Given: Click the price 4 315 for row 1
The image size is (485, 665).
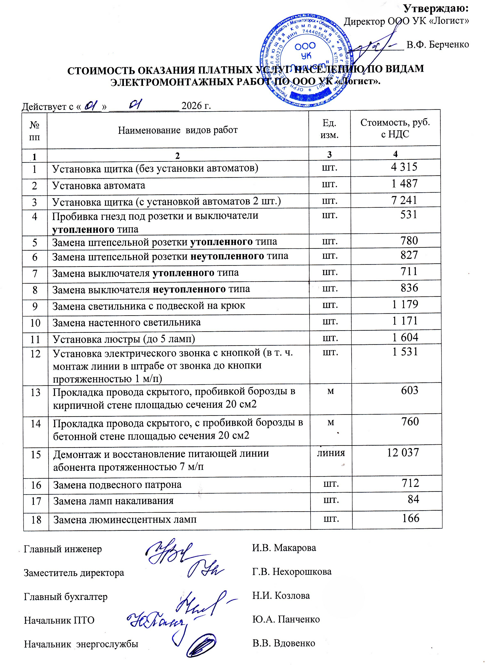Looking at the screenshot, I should tap(404, 167).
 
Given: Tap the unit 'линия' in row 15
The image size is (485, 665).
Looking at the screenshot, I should tap(331, 453).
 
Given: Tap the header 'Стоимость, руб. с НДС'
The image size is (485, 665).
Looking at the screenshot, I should tap(395, 128).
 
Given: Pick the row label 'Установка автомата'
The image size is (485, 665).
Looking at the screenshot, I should tap(99, 185).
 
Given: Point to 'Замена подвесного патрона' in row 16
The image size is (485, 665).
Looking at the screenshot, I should tap(117, 485).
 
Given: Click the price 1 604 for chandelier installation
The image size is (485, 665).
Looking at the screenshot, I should tap(405, 337).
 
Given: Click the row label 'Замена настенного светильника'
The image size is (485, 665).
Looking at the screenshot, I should tap(127, 322).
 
